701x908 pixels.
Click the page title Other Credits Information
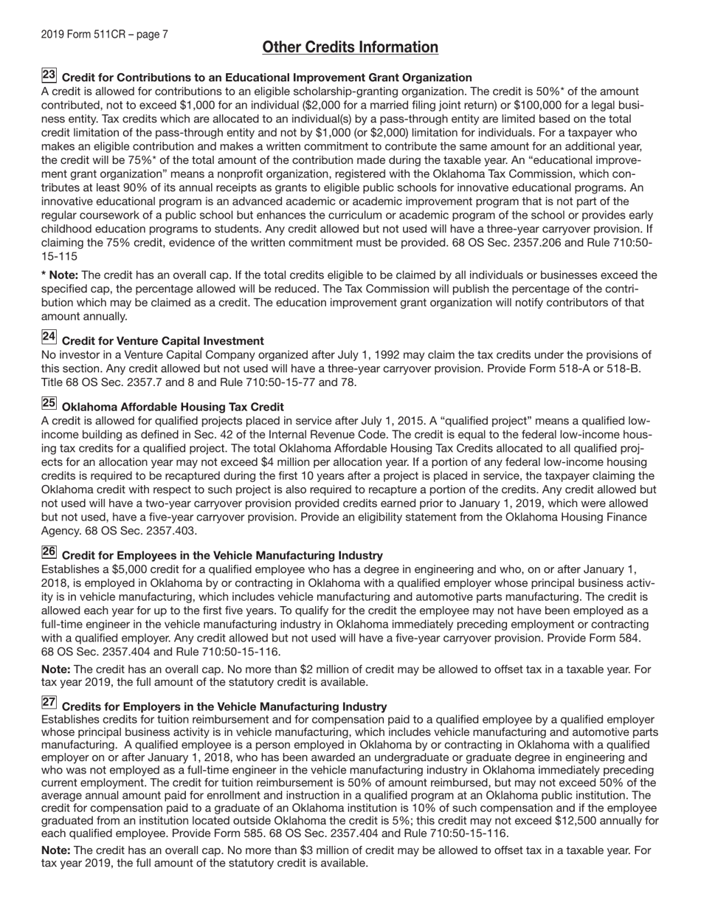[350, 48]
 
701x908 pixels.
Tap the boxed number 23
[49, 75]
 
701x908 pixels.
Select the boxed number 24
[49, 337]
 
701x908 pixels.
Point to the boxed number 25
[49, 404]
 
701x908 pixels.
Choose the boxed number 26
[49, 552]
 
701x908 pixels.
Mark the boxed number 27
[49, 704]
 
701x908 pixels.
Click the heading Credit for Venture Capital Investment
[162, 341]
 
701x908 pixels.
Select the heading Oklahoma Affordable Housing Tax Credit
[173, 407]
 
